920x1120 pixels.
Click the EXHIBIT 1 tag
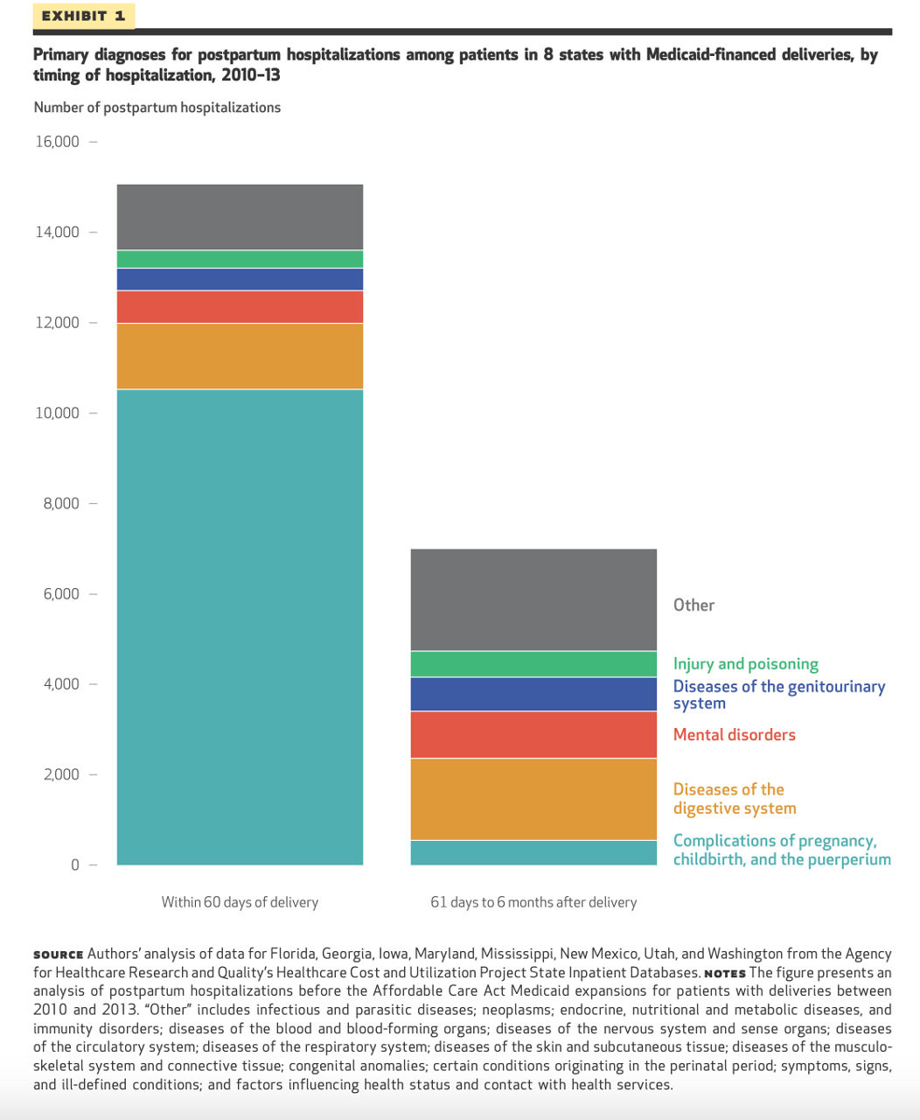click(83, 16)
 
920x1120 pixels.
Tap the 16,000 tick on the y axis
click(57, 142)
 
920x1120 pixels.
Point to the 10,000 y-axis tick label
click(57, 413)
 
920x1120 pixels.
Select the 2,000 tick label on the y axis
click(61, 774)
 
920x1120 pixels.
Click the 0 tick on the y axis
click(75, 864)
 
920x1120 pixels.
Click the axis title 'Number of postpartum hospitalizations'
click(157, 108)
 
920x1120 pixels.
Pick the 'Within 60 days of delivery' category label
click(240, 902)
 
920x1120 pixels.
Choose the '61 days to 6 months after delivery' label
click(533, 902)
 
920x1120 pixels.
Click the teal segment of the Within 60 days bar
click(240, 626)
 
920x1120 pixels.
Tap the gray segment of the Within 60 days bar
click(240, 217)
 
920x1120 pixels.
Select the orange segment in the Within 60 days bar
click(240, 356)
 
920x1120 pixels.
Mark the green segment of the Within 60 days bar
click(240, 259)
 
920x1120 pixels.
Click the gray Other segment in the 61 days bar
click(533, 599)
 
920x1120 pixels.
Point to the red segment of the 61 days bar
click(533, 734)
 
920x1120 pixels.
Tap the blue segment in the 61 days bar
click(533, 694)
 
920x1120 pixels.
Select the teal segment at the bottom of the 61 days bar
click(533, 852)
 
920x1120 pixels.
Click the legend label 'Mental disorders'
click(734, 735)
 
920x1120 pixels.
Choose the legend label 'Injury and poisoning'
click(745, 664)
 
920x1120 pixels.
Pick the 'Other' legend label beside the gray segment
click(693, 605)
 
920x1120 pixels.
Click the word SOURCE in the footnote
click(58, 955)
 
